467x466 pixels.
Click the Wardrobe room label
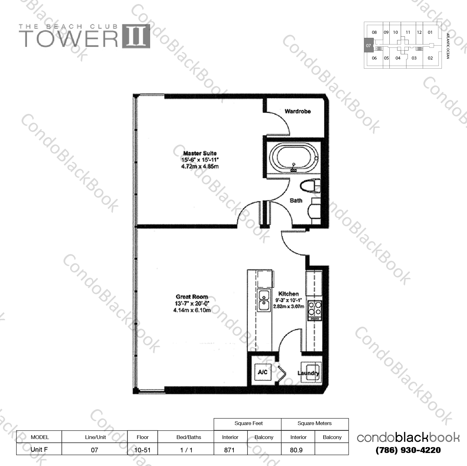[297, 111]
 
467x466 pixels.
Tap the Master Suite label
[200, 153]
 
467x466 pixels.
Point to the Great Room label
[192, 297]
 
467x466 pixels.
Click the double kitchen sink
[264, 300]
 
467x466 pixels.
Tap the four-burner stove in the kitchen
[315, 311]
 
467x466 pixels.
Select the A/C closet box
[262, 372]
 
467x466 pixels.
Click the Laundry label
[308, 373]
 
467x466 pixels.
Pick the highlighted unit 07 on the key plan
[368, 45]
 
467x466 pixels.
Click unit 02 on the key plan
[430, 58]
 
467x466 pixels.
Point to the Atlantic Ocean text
[448, 46]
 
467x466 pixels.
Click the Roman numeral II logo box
[136, 36]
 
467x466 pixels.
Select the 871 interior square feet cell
[229, 450]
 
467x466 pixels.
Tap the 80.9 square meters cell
[297, 450]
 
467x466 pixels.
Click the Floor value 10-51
[143, 450]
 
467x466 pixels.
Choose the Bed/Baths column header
[189, 437]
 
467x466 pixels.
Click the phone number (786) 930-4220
[408, 450]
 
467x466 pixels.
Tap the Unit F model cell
[39, 449]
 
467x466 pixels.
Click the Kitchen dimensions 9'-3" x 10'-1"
[288, 300]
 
